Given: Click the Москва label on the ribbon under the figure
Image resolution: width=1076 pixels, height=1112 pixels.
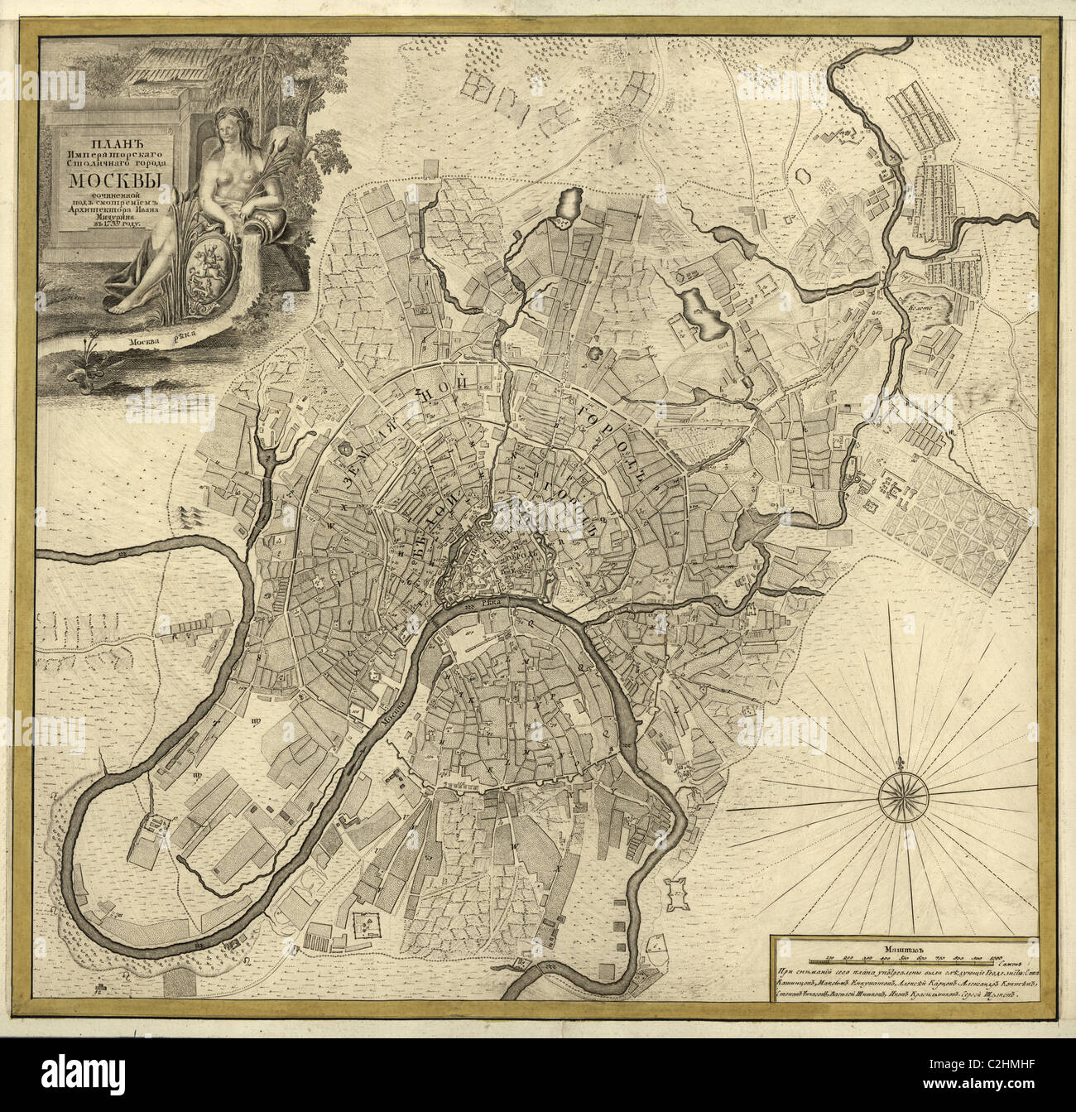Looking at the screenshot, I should pos(146,340).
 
